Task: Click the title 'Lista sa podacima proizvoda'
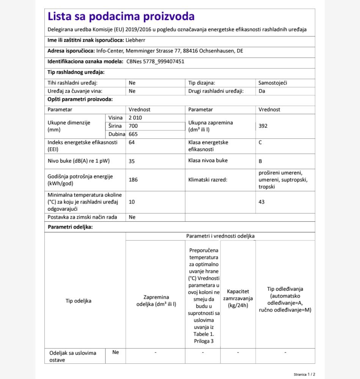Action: (x=121, y=17)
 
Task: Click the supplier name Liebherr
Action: (x=135, y=40)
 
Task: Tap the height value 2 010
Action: (x=135, y=118)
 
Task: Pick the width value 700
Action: (x=133, y=126)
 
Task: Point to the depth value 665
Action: (x=133, y=134)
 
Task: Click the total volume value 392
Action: (x=263, y=126)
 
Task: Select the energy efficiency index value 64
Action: (x=132, y=143)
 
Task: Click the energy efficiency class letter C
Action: (x=260, y=143)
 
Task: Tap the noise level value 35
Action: (x=132, y=161)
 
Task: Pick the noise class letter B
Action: (x=260, y=161)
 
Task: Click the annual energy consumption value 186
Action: (x=133, y=180)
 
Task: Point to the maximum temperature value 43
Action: (x=262, y=202)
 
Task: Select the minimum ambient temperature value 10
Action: (x=132, y=202)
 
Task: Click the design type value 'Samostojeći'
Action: (x=273, y=83)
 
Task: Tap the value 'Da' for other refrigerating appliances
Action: (x=262, y=91)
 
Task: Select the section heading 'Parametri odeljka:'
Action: (x=70, y=227)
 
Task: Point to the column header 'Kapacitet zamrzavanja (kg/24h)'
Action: (x=238, y=299)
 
